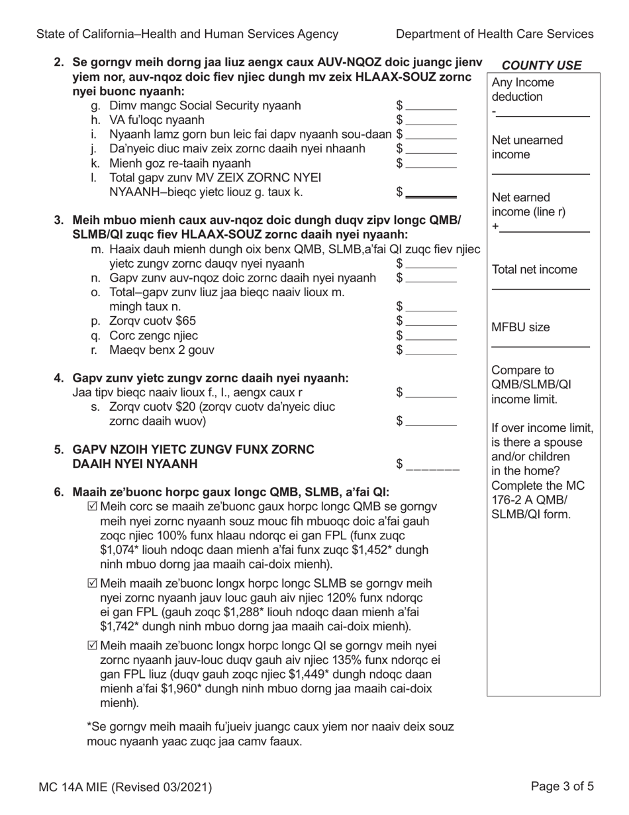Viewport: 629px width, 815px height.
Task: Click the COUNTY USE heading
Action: (x=542, y=65)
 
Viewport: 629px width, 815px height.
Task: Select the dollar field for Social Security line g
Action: (x=431, y=106)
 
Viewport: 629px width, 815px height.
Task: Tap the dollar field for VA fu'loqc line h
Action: (x=431, y=121)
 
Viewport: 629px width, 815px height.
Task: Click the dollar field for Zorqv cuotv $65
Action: (x=431, y=321)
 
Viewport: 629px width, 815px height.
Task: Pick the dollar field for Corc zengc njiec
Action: (x=431, y=336)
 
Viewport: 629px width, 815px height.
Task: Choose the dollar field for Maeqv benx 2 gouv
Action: (x=431, y=351)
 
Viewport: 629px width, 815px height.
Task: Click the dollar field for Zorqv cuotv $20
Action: (x=431, y=422)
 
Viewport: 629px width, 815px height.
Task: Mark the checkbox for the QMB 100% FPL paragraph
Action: (x=92, y=507)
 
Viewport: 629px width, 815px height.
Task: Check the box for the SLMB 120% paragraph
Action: (x=92, y=584)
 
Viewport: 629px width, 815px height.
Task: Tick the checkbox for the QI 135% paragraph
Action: (x=92, y=645)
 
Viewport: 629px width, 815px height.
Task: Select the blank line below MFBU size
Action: (x=540, y=345)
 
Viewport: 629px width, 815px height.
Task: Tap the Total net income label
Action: (x=534, y=270)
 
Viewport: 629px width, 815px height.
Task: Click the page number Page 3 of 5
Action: (x=562, y=787)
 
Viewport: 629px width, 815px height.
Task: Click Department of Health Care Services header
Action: (x=495, y=34)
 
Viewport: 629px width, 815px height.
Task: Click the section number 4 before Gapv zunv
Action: (x=59, y=378)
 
